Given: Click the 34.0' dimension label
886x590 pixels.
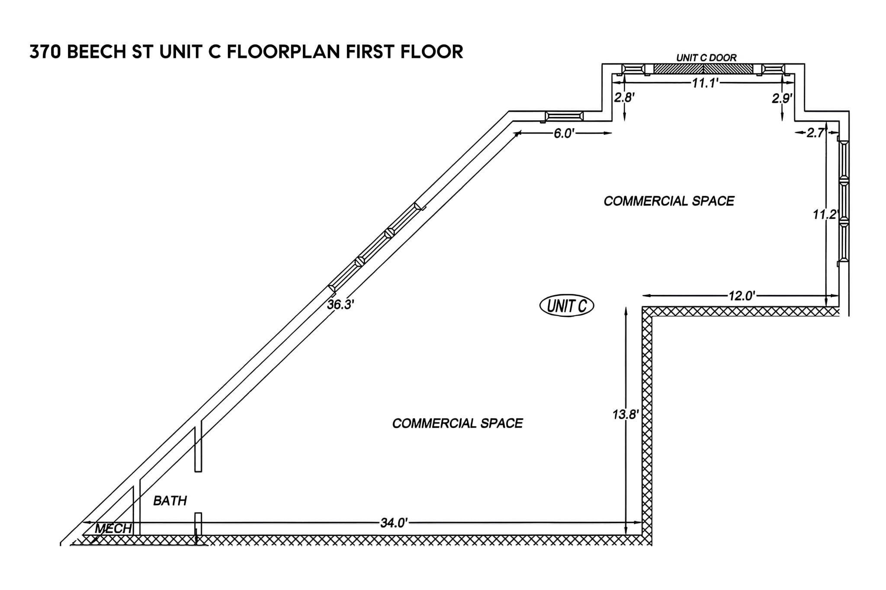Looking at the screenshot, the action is coord(394,523).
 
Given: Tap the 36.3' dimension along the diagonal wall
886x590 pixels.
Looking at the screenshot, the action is coord(340,305).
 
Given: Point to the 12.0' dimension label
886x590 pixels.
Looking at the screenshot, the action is coord(742,296).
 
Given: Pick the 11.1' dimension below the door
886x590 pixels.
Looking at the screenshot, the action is coord(705,83).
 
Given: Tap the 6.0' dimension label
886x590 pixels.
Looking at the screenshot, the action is coord(564,134).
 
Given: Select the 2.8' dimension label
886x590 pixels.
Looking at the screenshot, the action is coord(624,98).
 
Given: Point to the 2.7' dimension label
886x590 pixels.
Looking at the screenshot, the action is coord(816,133).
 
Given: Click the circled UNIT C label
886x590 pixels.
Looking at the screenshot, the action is coord(567,306).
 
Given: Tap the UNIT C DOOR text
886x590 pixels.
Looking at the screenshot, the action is coord(706,57).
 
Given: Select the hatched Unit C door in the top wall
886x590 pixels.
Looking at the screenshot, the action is coord(703,69).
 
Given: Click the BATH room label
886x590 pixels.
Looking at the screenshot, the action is coord(170,501).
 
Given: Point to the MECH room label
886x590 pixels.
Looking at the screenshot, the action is coord(113,528).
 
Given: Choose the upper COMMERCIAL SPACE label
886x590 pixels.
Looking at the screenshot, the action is coord(669,201).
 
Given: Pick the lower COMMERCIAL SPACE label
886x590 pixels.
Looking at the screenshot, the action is coord(457,423).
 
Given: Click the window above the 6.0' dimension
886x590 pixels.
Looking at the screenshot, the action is coord(564,116).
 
